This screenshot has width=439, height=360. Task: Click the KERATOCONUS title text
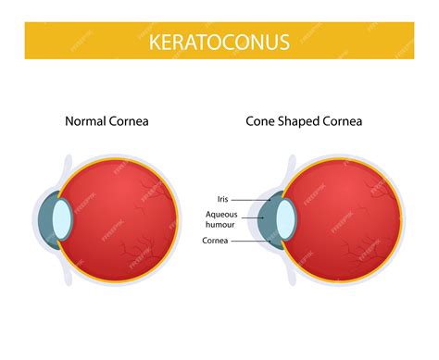click(x=219, y=41)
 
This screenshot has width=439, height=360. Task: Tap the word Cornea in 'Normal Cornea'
click(x=128, y=120)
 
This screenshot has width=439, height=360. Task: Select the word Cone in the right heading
click(x=261, y=120)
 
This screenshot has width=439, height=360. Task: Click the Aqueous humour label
click(x=221, y=219)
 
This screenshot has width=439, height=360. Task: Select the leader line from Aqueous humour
click(x=256, y=218)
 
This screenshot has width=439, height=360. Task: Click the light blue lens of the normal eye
click(x=62, y=217)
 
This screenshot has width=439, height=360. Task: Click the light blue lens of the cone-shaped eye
click(x=286, y=217)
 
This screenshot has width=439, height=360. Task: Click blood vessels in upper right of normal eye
click(x=148, y=190)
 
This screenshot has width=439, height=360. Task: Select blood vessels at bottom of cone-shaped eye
click(x=357, y=252)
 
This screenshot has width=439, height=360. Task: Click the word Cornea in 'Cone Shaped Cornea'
click(x=343, y=120)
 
